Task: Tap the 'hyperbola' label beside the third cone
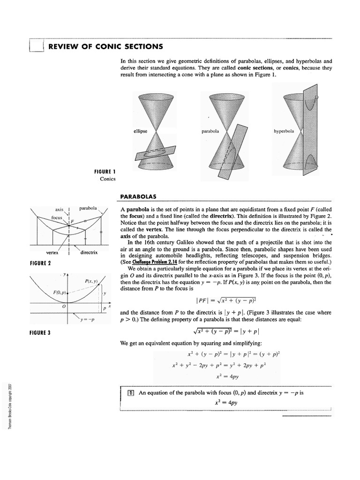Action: [x=284, y=131]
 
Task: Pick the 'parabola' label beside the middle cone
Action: [x=210, y=131]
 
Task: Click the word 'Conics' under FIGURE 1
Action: [x=107, y=179]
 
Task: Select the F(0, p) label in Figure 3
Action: [x=61, y=292]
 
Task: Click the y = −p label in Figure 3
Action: [x=87, y=320]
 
